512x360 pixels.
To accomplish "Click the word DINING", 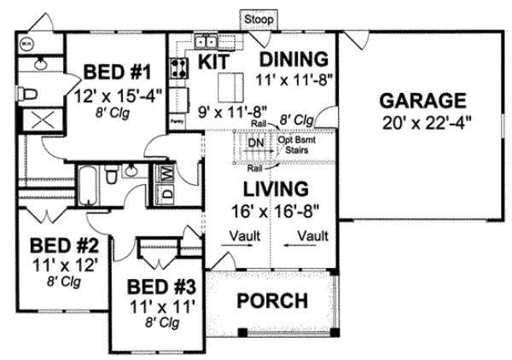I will coord(293,60).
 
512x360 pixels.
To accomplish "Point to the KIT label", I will coord(212,61).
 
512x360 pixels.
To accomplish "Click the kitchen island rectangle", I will coord(229,86).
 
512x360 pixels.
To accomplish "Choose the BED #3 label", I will coord(161,286).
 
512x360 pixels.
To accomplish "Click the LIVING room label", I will coord(273,188).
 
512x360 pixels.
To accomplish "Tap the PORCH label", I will coord(272,300).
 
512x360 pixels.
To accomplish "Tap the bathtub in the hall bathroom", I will coord(87,181).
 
